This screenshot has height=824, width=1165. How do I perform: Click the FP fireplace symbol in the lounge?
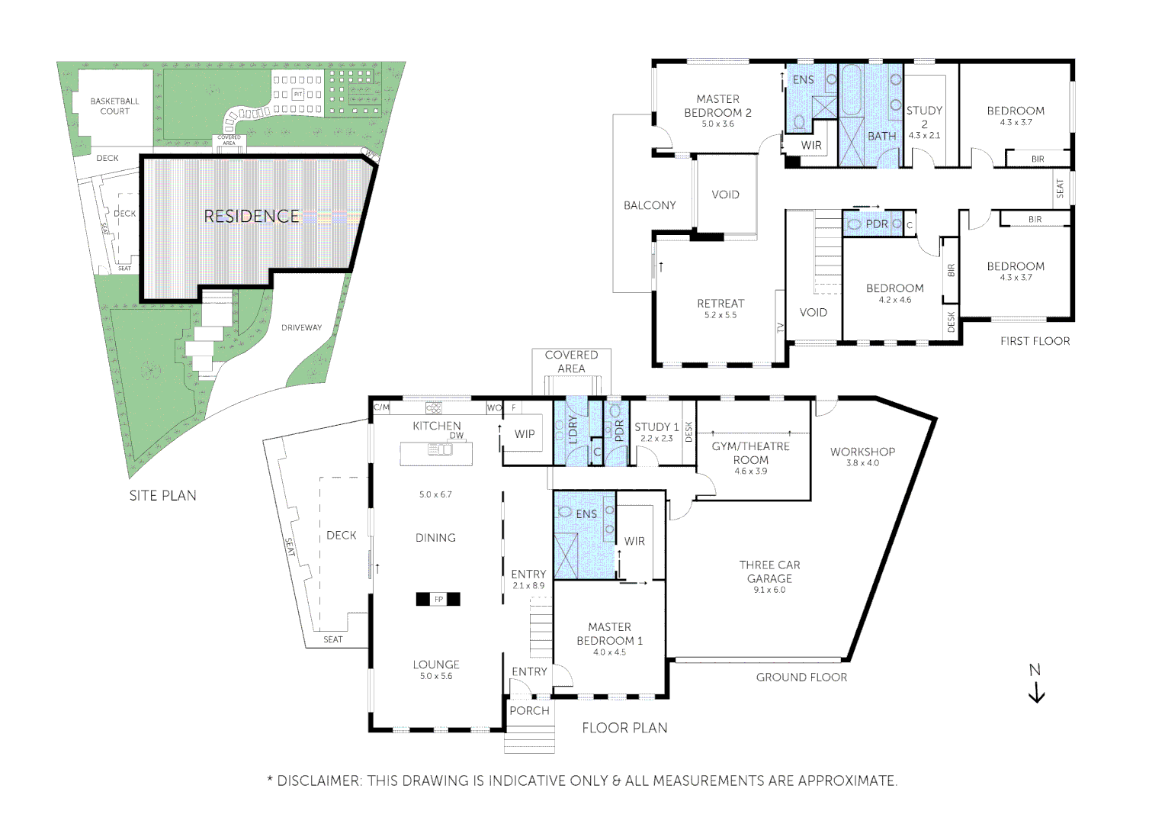tap(438, 600)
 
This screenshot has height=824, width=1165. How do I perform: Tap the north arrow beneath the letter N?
tap(1036, 694)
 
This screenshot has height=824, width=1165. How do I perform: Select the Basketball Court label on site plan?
tap(115, 106)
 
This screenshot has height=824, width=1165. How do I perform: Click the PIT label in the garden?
tap(298, 94)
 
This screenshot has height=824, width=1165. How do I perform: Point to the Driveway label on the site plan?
tap(301, 328)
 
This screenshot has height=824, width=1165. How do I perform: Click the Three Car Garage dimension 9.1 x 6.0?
tap(769, 590)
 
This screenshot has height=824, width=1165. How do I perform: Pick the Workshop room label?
tap(862, 452)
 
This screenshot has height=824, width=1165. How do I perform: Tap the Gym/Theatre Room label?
tap(751, 453)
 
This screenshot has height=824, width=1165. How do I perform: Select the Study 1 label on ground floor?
tap(656, 427)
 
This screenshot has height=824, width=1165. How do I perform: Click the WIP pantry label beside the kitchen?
tap(525, 434)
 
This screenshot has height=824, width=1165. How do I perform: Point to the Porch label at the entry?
tap(529, 710)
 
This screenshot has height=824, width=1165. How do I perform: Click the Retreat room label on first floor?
tap(721, 304)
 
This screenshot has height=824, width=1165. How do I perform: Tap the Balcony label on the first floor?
tap(650, 205)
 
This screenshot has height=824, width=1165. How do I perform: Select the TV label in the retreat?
tap(780, 328)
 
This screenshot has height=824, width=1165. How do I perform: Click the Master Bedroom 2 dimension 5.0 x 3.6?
tap(717, 124)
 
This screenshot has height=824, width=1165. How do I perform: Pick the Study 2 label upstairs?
tap(924, 117)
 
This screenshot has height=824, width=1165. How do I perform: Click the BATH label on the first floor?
tap(882, 136)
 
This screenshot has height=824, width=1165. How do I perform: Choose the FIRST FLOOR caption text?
tap(1035, 341)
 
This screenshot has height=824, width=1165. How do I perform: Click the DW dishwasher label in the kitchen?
tap(456, 436)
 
